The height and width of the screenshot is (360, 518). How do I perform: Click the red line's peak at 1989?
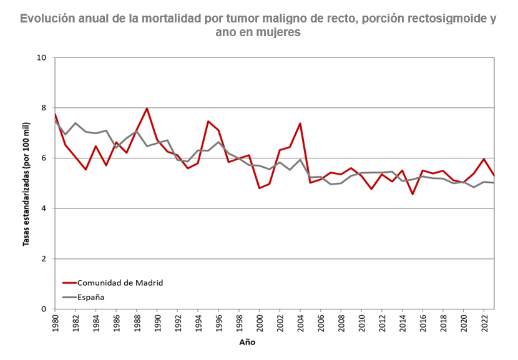pyautogui.click(x=147, y=109)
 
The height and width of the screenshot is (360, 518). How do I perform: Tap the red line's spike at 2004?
pyautogui.click(x=300, y=124)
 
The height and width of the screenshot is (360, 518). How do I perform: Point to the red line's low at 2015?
pyautogui.click(x=413, y=194)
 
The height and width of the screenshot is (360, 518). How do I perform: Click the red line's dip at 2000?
pyautogui.click(x=259, y=188)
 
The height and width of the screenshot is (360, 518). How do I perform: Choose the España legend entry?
pyautogui.click(x=91, y=297)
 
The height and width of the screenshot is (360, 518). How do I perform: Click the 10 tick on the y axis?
pyautogui.click(x=42, y=58)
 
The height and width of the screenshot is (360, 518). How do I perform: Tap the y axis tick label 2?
pyautogui.click(x=44, y=259)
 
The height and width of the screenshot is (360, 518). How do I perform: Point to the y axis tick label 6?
pyautogui.click(x=44, y=158)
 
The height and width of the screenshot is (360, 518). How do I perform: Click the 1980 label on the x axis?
pyautogui.click(x=56, y=323)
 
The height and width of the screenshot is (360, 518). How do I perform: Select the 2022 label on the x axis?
pyautogui.click(x=484, y=323)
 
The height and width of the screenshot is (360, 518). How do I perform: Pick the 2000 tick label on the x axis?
pyautogui.click(x=260, y=323)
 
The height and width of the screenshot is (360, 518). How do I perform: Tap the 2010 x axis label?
pyautogui.click(x=362, y=323)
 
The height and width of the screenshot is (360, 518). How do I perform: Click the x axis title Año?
pyautogui.click(x=247, y=343)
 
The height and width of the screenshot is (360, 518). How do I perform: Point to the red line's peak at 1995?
pyautogui.click(x=208, y=122)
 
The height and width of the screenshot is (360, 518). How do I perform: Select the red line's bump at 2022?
pyautogui.click(x=484, y=159)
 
